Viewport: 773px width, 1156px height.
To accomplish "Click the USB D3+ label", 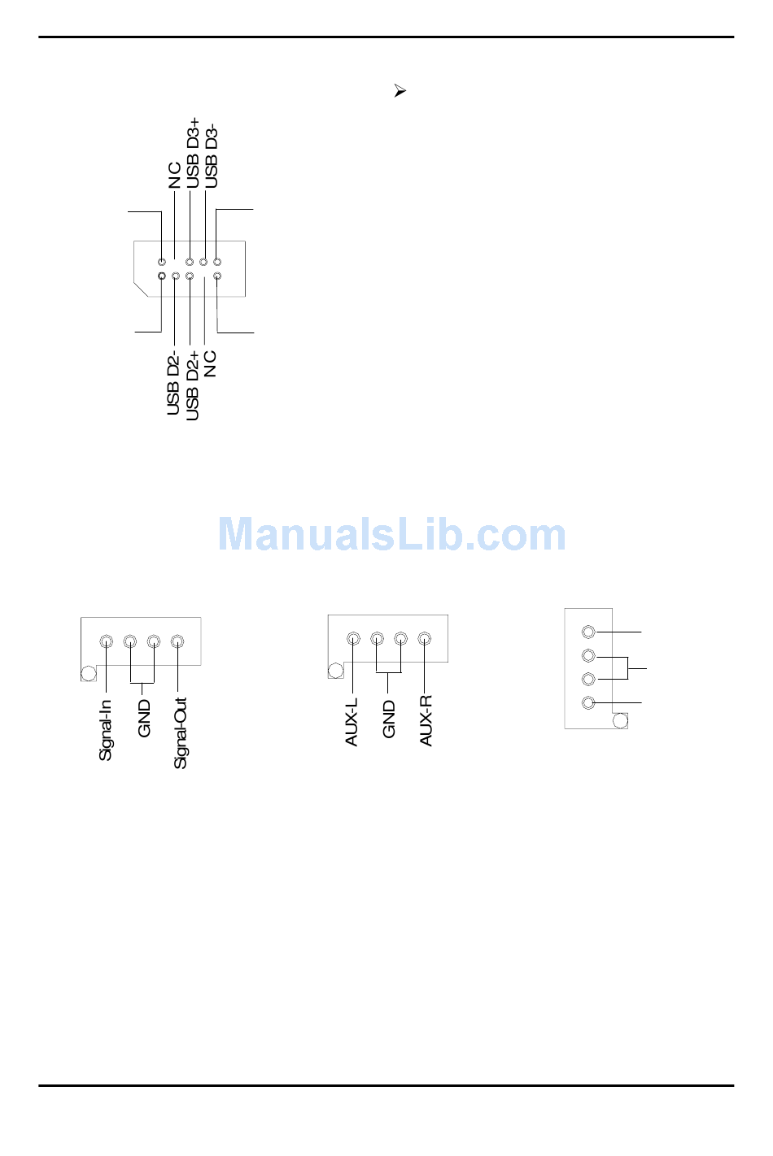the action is (193, 153).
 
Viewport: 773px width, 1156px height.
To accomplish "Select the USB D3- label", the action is (212, 156).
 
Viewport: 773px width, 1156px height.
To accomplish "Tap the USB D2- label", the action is (173, 384).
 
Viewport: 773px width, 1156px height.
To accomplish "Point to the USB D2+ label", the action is (193, 386).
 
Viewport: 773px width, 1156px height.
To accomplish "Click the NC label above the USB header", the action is (174, 176).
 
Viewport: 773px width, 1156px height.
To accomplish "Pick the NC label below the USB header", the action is (211, 363).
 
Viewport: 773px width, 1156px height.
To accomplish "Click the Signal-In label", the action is (106, 730).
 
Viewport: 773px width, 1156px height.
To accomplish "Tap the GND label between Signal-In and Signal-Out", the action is (145, 719).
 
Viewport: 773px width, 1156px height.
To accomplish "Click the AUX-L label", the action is (352, 722).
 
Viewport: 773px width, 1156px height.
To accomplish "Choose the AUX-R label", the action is (426, 721).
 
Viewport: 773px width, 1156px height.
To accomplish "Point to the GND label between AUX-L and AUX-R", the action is (389, 719).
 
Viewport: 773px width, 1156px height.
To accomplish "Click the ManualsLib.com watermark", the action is (392, 535).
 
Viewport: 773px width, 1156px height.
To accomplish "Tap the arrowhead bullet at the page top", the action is (400, 91).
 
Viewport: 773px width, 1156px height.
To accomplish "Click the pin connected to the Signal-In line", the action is (106, 641).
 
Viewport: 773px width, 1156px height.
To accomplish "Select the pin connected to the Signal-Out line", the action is (177, 641).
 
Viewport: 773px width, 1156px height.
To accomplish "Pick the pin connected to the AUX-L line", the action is (353, 639).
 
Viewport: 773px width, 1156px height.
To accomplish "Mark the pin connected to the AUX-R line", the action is (424, 639).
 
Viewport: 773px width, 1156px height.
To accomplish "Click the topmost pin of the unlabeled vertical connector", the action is (589, 632).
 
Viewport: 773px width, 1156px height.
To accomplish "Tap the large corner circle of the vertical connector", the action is (620, 720).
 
